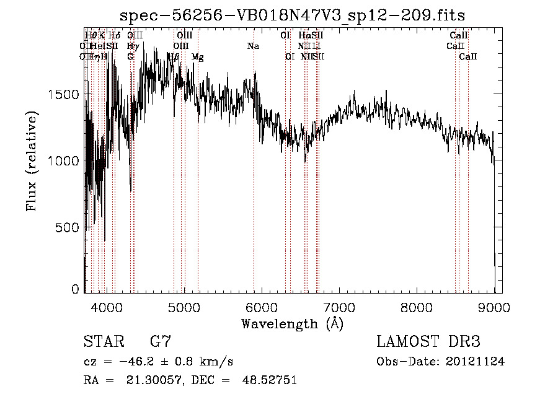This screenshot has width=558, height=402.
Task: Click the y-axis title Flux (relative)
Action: [x=31, y=161]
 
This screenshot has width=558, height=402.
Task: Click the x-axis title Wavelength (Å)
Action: [x=292, y=323]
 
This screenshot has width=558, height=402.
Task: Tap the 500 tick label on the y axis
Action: [x=69, y=227]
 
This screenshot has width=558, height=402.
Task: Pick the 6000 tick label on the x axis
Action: [x=262, y=307]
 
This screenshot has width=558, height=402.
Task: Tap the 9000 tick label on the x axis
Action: [x=494, y=307]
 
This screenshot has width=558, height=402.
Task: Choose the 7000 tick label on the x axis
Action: [x=339, y=307]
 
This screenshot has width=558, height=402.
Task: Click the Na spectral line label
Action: [x=253, y=46]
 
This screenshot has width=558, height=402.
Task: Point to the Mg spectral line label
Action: [x=198, y=57]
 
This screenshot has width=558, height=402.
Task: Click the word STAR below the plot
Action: [x=102, y=342]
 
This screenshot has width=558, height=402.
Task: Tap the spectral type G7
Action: [x=160, y=342]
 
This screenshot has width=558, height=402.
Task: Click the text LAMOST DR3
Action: [x=428, y=342]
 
